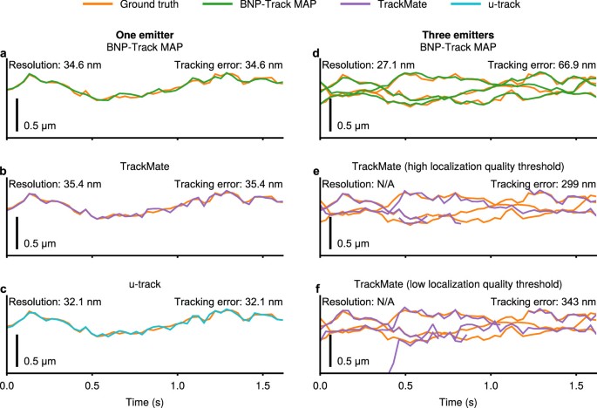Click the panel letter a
click(4, 53)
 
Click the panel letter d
click(319, 53)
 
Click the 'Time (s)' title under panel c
click(146, 398)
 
